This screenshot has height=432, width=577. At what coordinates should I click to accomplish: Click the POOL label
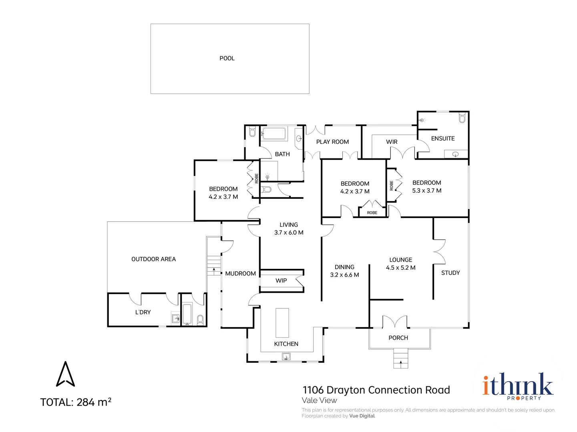[227, 58]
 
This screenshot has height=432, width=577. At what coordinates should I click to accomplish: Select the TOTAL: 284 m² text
[76, 402]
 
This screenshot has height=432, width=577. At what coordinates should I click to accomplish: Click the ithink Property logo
[518, 386]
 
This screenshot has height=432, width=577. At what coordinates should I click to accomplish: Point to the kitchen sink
[286, 356]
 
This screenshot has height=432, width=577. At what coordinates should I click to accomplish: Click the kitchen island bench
[282, 323]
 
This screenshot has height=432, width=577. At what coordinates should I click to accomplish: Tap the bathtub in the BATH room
[274, 134]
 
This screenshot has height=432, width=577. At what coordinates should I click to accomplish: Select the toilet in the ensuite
[462, 117]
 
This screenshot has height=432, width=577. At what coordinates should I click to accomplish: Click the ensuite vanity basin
[455, 154]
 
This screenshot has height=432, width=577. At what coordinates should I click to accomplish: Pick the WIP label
[281, 280]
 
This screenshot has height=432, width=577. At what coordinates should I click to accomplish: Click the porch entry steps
[400, 358]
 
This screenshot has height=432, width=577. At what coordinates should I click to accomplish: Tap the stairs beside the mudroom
[214, 266]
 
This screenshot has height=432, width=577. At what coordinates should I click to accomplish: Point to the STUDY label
[450, 273]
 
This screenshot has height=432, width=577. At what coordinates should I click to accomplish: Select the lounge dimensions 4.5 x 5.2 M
[400, 268]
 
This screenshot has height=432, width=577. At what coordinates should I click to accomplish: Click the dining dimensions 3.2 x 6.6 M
[344, 275]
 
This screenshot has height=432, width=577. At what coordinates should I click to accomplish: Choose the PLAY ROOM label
[332, 142]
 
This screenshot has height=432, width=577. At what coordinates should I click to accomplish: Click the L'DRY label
[143, 312]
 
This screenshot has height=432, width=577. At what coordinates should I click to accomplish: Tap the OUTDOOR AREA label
[153, 259]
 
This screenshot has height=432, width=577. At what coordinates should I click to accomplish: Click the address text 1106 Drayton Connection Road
[376, 390]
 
